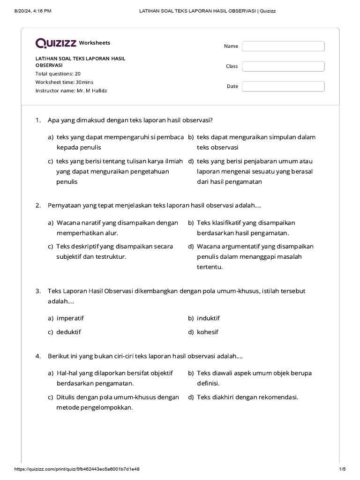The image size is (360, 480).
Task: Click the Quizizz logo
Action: point(56,43)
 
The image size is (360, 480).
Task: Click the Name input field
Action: point(283,46)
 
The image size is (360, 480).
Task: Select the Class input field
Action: point(283,66)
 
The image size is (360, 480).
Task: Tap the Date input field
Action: point(283,86)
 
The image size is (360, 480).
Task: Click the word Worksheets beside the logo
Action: point(95,43)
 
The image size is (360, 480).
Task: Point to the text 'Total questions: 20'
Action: point(58,74)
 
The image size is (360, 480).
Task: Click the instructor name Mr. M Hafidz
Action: point(91,90)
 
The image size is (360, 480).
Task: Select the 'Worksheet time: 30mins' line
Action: point(65,82)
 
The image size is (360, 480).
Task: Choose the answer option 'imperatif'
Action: point(70,318)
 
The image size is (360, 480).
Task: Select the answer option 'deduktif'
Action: point(68,332)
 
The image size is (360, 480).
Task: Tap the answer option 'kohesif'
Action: point(208,332)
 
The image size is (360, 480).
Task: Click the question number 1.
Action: point(38,120)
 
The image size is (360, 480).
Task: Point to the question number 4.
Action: point(38,356)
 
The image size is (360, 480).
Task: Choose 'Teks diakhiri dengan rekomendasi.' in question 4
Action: point(247,397)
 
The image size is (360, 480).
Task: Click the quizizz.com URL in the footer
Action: point(77,469)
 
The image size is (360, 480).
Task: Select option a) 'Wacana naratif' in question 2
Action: point(117,228)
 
